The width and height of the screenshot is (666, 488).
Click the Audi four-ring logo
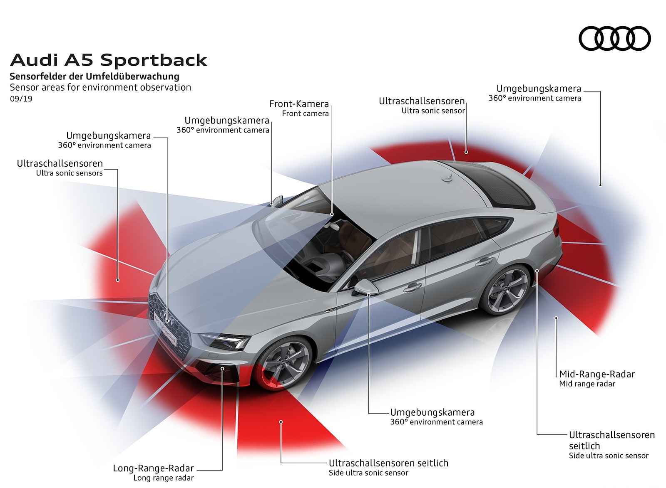coord(614,39)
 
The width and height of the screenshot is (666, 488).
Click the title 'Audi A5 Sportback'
coord(108,60)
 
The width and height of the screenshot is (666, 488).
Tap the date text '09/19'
coord(21,99)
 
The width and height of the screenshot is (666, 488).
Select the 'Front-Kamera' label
coord(299,104)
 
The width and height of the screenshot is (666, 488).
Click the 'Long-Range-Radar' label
coord(153,468)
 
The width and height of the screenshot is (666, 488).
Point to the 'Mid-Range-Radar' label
coord(597,374)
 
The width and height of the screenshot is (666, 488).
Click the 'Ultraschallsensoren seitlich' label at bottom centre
coord(388,463)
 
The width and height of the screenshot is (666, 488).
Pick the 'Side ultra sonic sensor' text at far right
coord(609,456)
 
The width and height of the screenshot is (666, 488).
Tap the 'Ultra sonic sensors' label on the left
coord(69,173)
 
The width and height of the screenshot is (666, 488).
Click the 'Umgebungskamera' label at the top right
coord(539,89)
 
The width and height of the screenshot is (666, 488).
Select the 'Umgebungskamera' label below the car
coord(432,412)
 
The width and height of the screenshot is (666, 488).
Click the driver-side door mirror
coord(365,287)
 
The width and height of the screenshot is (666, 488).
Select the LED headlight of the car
coord(225,342)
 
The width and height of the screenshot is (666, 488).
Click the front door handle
coord(413,286)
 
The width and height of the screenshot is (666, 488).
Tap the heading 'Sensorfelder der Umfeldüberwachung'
coord(94,76)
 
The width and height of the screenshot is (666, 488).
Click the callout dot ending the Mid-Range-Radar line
coord(557,318)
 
